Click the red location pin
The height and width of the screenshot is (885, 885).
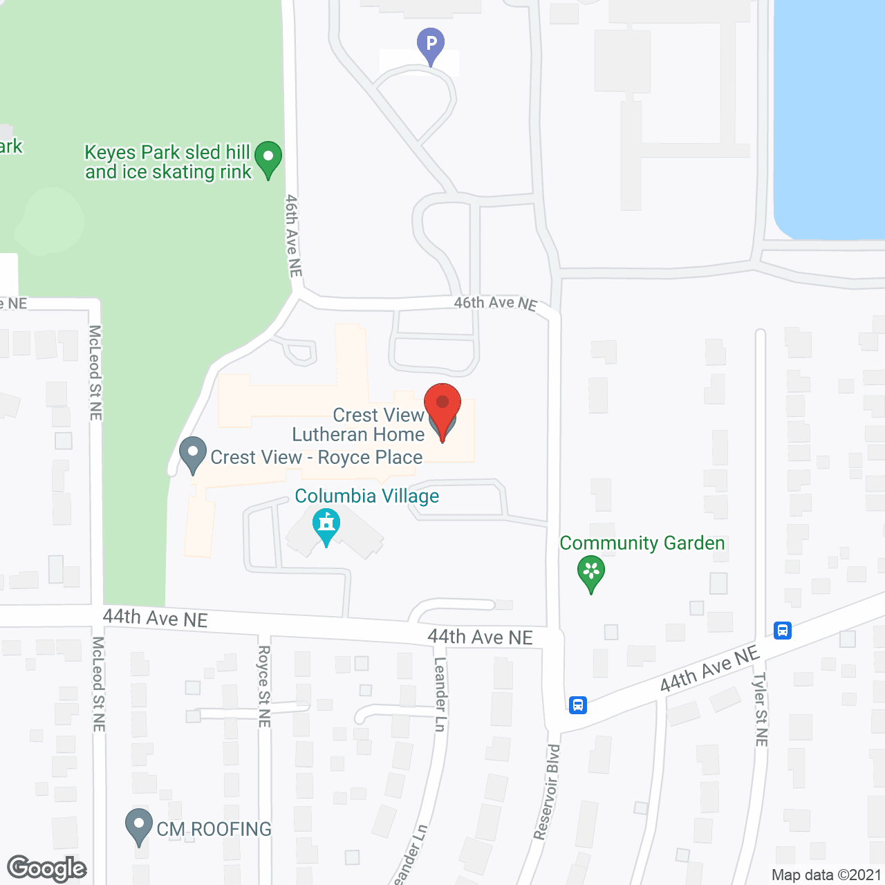(x=442, y=407)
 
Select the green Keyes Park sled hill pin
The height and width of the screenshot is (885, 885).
(x=268, y=158)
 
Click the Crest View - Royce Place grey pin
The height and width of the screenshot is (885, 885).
(x=193, y=454)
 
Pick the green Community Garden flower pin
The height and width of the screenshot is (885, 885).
(x=591, y=573)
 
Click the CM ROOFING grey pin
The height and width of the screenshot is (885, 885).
(x=139, y=826)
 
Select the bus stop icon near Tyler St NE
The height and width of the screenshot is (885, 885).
(x=783, y=630)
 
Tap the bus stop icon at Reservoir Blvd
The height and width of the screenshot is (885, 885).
(x=578, y=705)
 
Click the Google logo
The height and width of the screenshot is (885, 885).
(x=47, y=868)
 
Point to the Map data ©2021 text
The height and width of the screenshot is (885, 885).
(x=826, y=875)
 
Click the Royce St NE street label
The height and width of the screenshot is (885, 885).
(x=263, y=686)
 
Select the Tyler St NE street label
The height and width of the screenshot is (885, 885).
(x=761, y=709)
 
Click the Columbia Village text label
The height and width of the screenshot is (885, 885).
(x=367, y=496)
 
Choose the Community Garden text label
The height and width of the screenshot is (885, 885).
(x=642, y=543)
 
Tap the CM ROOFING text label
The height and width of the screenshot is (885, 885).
(x=214, y=829)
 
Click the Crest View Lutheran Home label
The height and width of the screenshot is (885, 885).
(x=358, y=425)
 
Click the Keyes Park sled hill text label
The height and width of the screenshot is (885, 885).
(x=168, y=162)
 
